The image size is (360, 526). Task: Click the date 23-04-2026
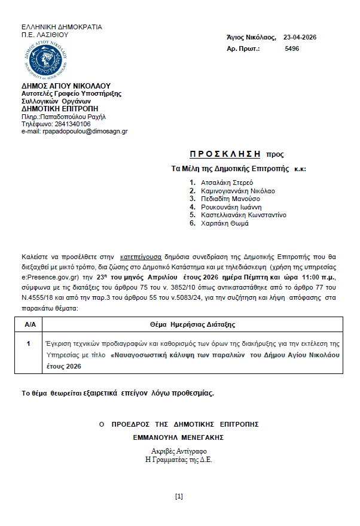[300, 38]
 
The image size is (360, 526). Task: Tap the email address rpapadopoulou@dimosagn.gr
[74, 131]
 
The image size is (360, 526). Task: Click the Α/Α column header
[29, 324]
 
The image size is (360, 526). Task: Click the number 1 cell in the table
[29, 344]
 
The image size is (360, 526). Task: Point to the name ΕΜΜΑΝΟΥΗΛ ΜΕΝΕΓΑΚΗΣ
[179, 437]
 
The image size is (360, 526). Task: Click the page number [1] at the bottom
[179, 496]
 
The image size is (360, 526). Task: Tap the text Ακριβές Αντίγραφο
[179, 451]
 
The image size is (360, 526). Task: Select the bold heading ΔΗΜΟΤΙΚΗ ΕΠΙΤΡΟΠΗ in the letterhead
[56, 109]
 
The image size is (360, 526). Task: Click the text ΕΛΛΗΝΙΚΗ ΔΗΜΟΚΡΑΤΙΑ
[62, 27]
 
